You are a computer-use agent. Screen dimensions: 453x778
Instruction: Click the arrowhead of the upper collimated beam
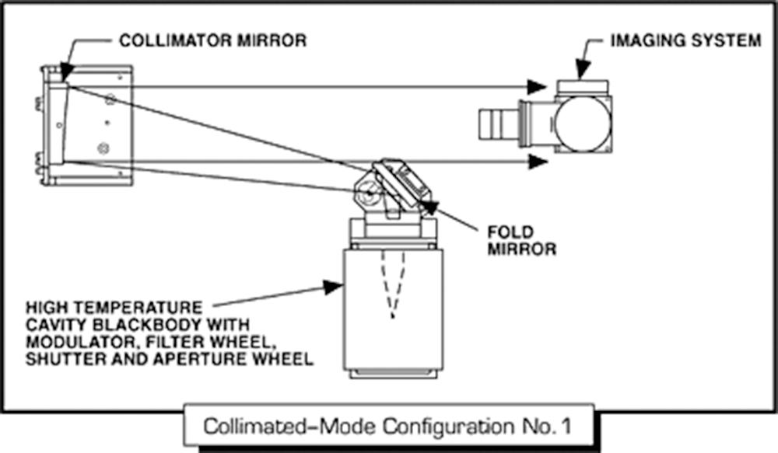point(534,86)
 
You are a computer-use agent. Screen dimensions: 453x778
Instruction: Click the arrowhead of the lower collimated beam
point(534,162)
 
